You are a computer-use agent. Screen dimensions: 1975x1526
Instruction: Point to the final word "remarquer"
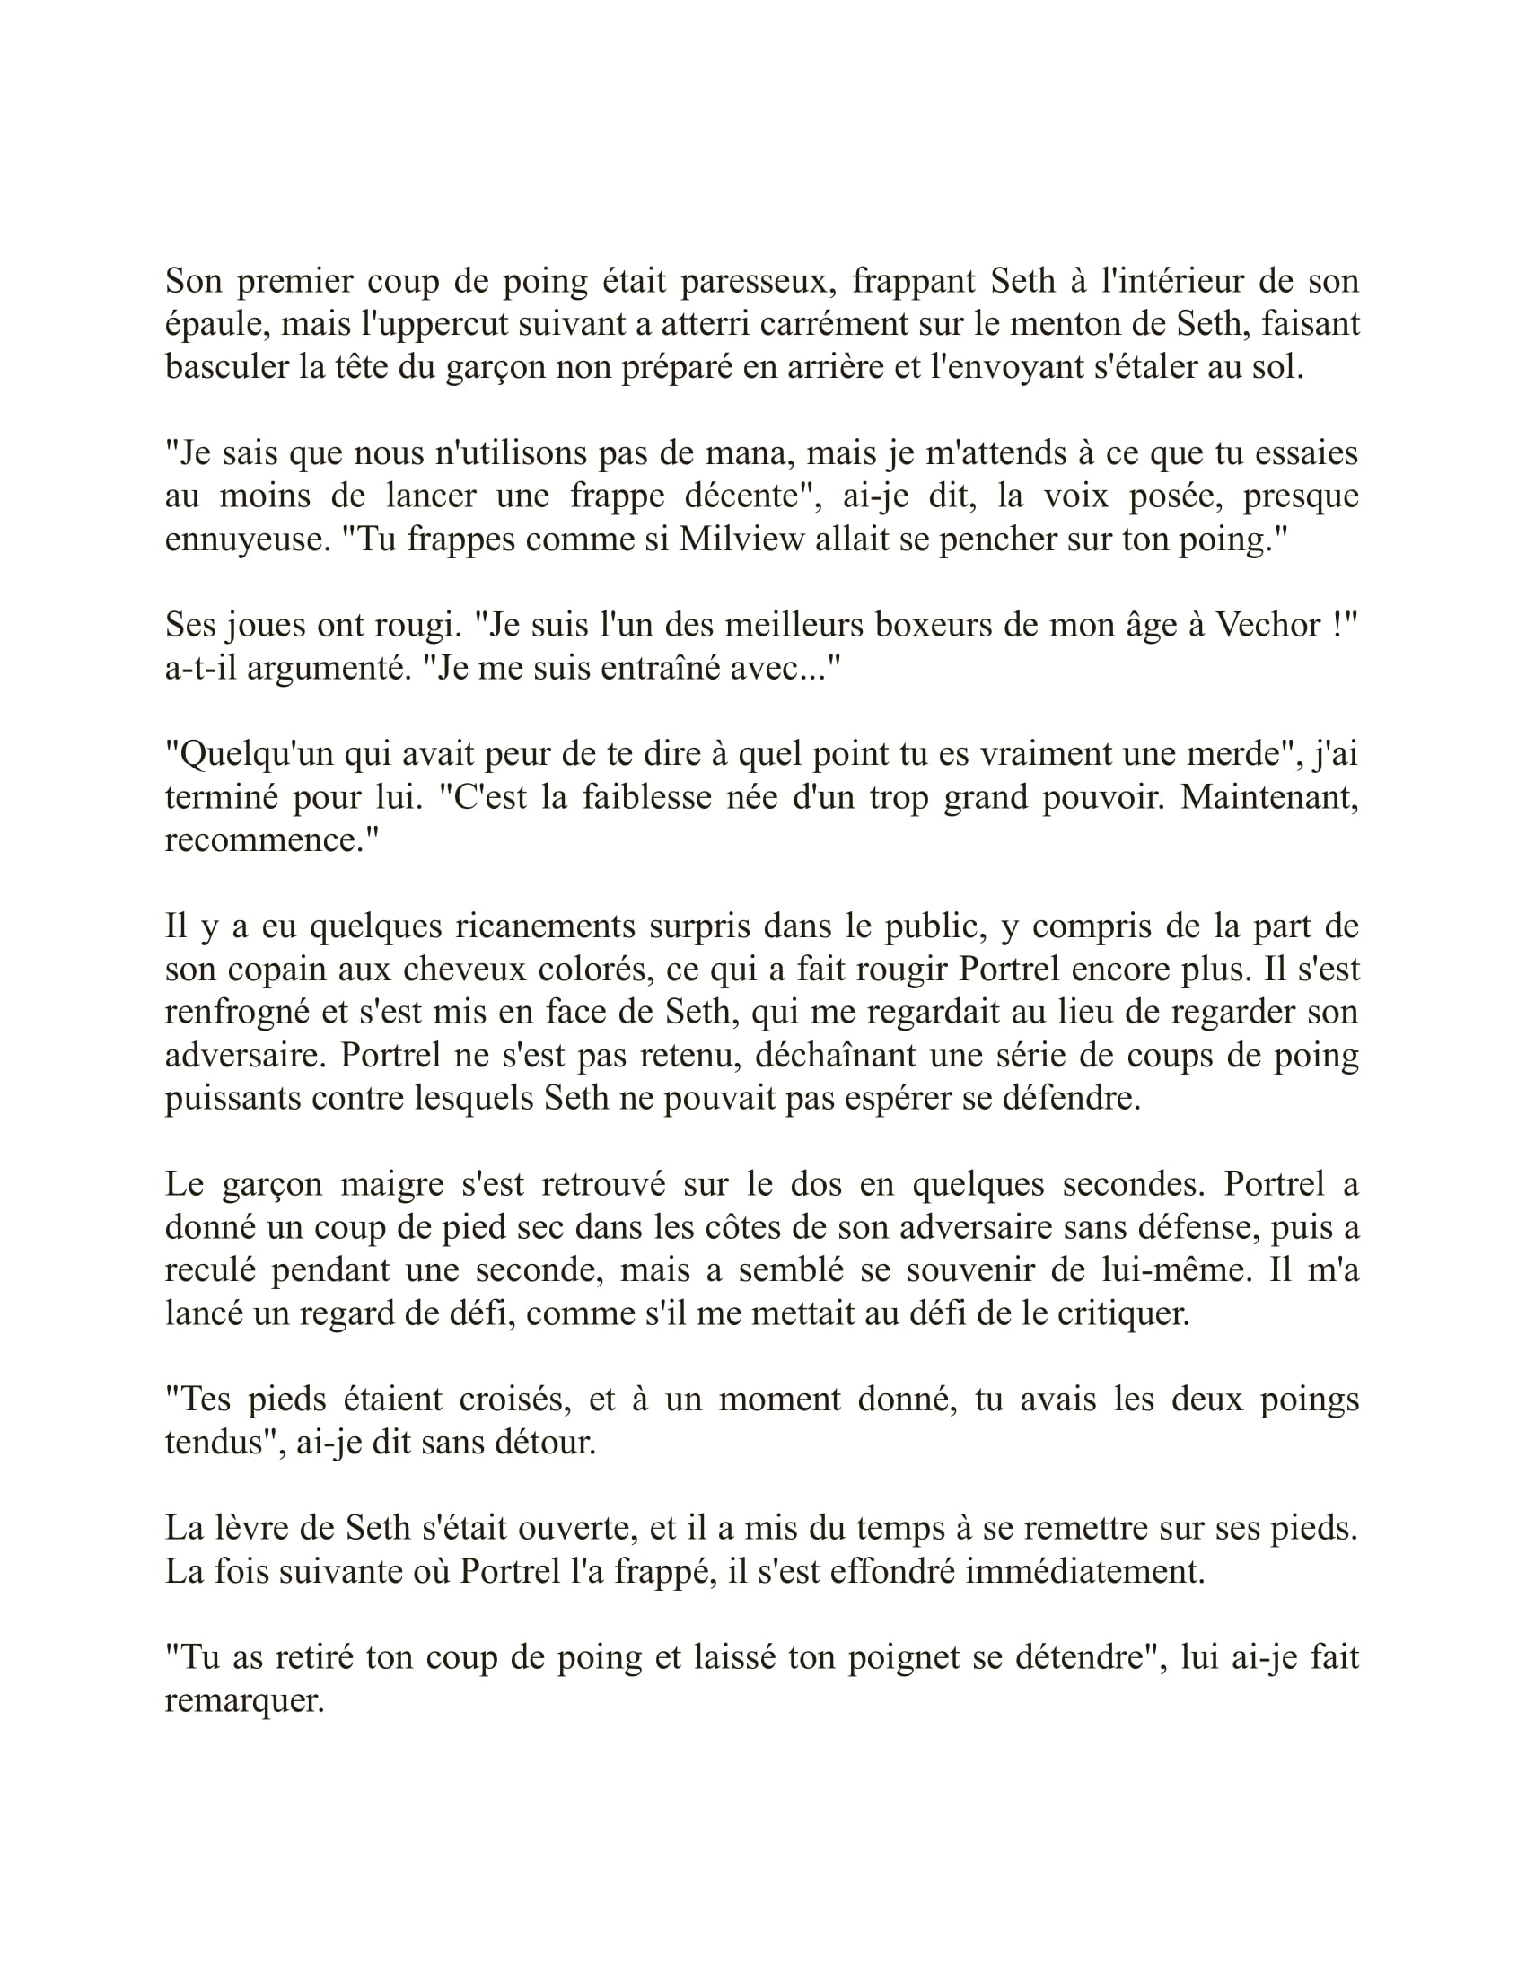(244, 1702)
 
